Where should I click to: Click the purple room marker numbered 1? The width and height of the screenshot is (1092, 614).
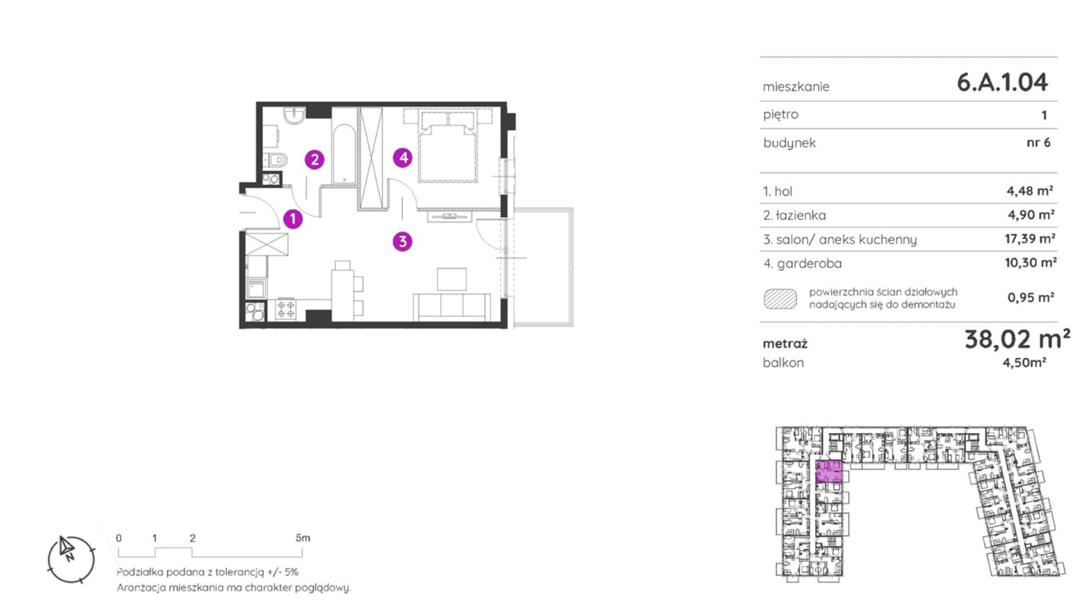point(293,219)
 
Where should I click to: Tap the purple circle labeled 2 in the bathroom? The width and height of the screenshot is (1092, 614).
point(315,160)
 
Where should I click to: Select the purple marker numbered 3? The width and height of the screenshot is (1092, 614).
point(403,242)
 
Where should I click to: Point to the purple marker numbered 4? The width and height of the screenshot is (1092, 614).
point(403,157)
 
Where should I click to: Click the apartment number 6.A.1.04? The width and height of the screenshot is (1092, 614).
point(1002,82)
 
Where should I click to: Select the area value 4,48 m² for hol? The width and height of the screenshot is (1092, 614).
point(1030,191)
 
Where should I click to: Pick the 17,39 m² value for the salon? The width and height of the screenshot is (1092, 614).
point(1030,239)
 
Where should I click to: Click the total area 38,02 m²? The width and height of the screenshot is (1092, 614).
point(1017,339)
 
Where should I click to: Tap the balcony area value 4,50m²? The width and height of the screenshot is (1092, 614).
point(1024,363)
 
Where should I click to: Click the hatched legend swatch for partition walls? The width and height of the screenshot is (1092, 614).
point(780,298)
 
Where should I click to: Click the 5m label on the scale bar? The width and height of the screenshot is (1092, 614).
point(303,538)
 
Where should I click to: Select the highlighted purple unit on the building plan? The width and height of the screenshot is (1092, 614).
point(829,472)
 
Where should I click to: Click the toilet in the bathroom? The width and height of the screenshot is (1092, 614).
point(276,160)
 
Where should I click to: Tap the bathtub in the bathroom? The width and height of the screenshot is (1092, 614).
point(344,154)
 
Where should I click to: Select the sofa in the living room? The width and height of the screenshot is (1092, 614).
point(452,308)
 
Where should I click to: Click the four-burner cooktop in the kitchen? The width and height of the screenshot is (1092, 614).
point(286,310)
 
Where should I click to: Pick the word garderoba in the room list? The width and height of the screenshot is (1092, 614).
point(809,264)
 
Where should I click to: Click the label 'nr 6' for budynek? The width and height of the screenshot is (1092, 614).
point(1039,143)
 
